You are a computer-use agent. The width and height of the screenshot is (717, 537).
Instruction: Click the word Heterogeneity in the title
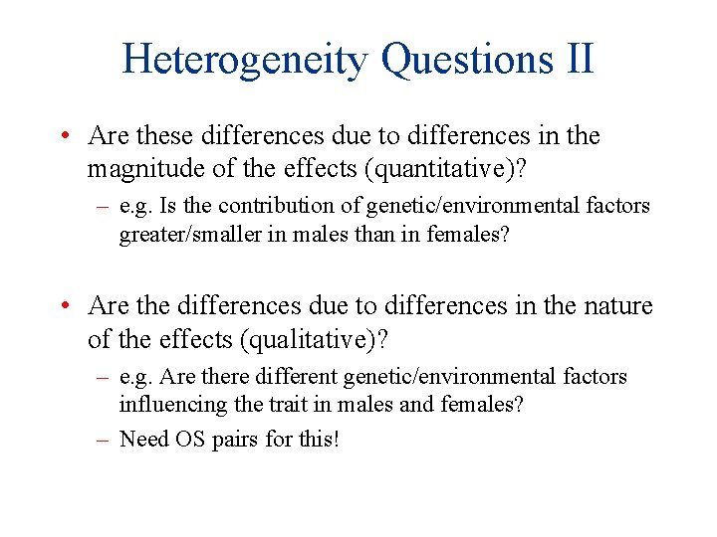pos(244,60)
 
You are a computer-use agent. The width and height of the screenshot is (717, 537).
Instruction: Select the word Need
pos(143,439)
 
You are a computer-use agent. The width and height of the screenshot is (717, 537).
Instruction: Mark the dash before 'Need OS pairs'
pos(103,439)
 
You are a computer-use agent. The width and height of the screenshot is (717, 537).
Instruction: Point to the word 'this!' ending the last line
pos(319,439)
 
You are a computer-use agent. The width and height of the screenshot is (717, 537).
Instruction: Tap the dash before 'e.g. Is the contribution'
pos(103,206)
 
